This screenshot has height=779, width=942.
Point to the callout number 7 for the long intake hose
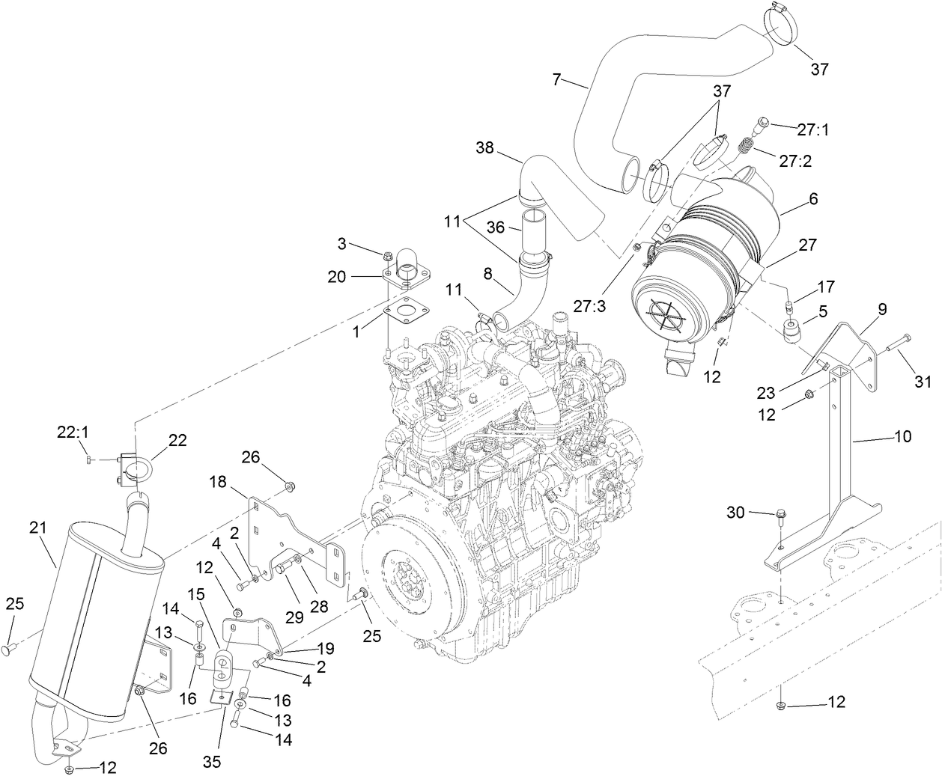click(556, 79)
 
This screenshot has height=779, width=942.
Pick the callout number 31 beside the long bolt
click(923, 382)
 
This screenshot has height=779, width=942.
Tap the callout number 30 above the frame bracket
click(736, 513)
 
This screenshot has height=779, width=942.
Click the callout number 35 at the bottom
click(213, 763)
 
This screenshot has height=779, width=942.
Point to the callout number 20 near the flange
click(337, 277)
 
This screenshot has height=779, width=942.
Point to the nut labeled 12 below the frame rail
click(782, 705)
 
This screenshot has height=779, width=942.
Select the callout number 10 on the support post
click(903, 436)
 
